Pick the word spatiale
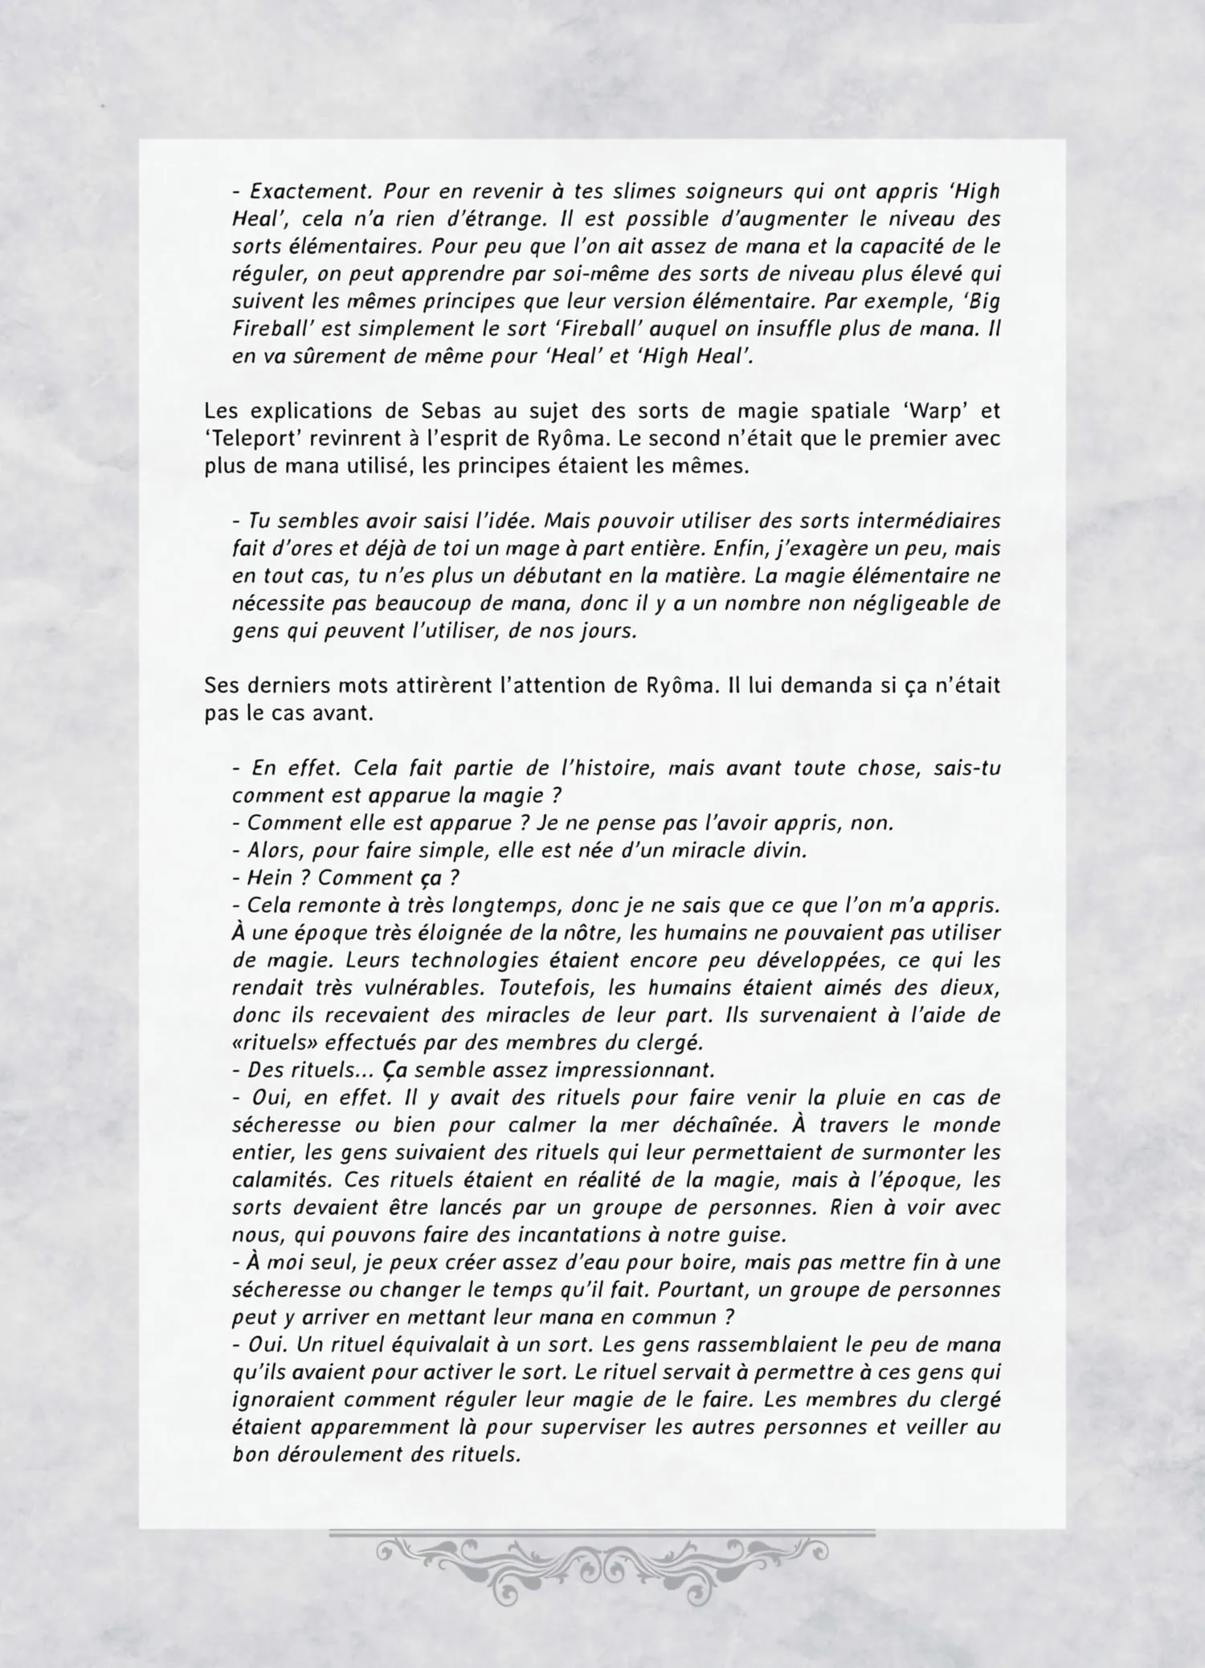[827, 411]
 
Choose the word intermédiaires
[929, 521]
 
